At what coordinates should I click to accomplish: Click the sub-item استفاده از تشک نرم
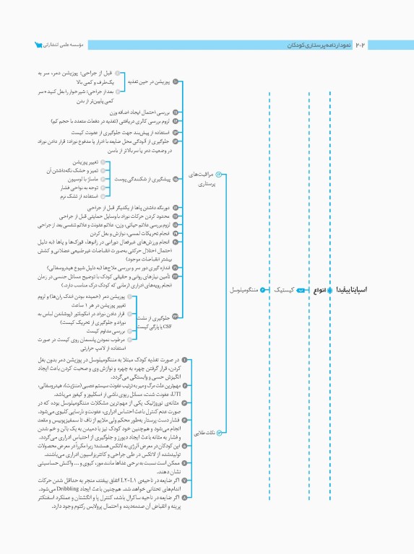pyautogui.click(x=75, y=196)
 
